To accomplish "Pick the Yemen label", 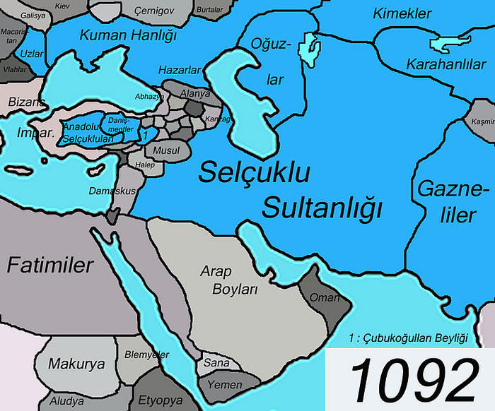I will click(x=225, y=385).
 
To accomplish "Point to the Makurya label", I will click(x=76, y=364).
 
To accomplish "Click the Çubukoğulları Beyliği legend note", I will click(x=409, y=338).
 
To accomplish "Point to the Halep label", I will click(x=145, y=165).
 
